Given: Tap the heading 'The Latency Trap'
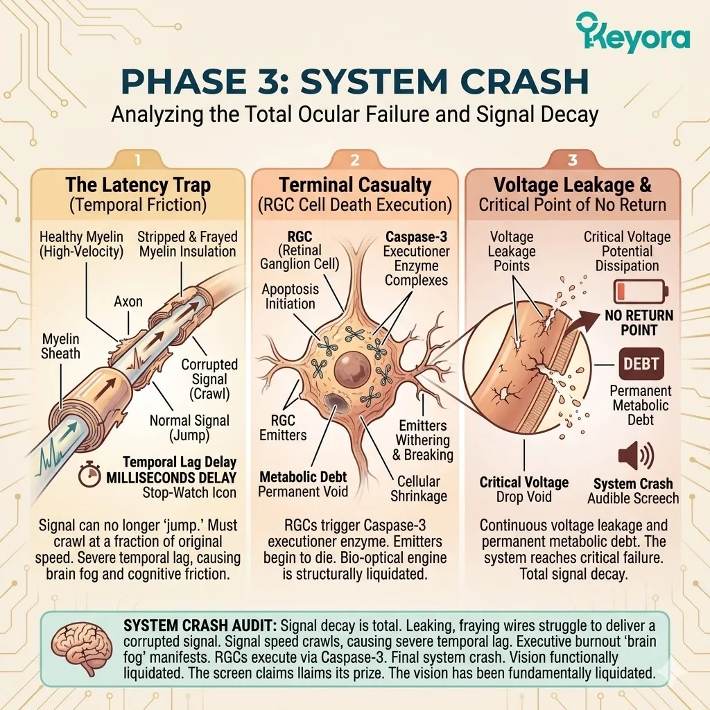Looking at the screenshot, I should coord(138,185).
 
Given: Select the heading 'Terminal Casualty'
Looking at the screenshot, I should coord(355,185).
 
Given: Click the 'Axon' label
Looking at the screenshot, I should coord(129,301).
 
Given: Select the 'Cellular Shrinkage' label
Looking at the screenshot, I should coord(419,488).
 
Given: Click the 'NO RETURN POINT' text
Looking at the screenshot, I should coord(639,322).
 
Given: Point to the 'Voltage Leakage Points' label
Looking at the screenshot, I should coord(513,251).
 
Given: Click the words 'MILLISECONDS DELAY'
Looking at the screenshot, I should coord(178,478).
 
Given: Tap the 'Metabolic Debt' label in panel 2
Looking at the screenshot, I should coord(302,477).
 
